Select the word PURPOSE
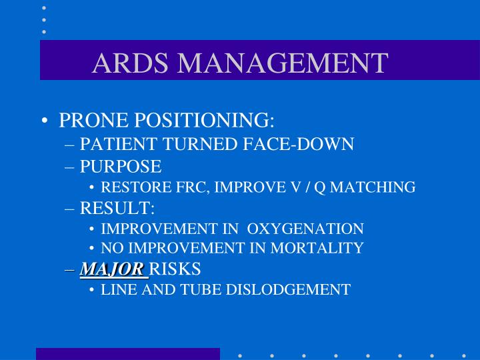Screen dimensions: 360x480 [x=121, y=167]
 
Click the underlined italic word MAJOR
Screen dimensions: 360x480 [x=112, y=269]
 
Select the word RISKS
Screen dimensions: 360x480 [x=175, y=269]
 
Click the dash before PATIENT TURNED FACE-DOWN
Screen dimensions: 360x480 [x=71, y=145]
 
